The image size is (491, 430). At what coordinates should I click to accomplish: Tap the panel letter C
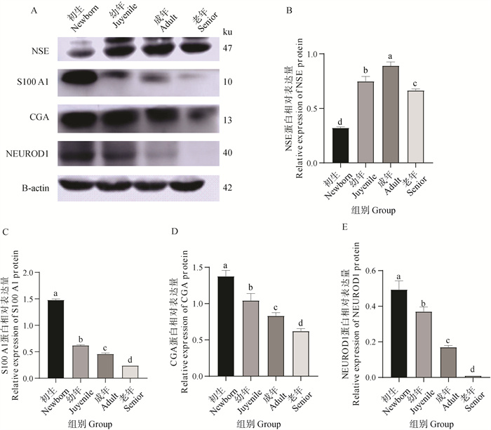click(x=6, y=229)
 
